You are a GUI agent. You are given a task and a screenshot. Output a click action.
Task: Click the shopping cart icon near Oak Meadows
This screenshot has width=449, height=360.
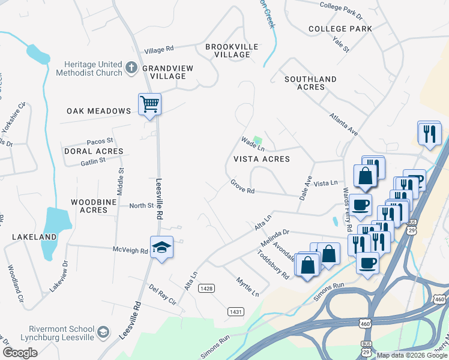tap(149, 104)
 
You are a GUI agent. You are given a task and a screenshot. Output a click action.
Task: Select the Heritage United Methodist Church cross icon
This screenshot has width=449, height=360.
tap(131, 68)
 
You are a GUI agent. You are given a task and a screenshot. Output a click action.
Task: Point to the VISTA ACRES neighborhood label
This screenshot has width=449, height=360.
tap(262, 159)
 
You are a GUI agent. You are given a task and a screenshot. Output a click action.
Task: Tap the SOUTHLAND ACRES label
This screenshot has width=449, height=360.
tap(310, 83)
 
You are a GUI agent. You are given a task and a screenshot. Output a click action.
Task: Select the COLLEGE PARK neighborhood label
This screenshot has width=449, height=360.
tap(340, 29)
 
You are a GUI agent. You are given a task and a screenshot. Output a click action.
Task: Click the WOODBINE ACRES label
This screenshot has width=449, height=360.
tap(89, 206)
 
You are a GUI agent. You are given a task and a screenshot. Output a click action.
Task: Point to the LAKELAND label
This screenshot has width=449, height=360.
tap(34, 237)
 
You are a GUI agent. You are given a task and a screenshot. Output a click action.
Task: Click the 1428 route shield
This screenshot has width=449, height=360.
tap(207, 289)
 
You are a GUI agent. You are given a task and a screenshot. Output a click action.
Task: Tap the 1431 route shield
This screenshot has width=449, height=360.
tap(235, 311)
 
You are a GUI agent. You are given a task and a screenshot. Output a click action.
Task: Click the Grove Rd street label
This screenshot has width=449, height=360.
tap(243, 187)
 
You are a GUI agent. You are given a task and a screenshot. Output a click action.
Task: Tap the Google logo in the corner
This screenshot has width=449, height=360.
tap(20, 353)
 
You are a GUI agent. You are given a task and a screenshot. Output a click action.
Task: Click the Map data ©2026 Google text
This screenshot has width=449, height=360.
tap(411, 355)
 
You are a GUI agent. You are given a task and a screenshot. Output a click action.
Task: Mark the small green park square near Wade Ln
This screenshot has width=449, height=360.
tap(258, 140)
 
